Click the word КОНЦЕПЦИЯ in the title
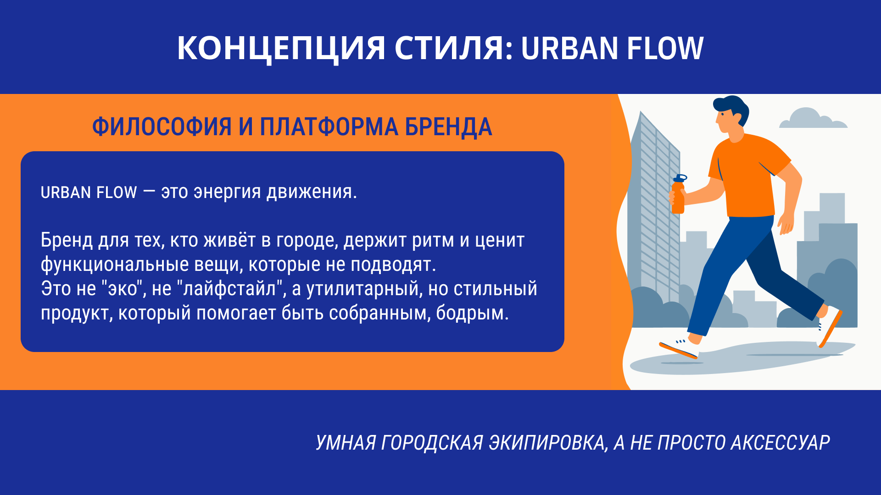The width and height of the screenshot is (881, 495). (281, 49)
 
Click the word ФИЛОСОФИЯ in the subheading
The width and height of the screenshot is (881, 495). (162, 127)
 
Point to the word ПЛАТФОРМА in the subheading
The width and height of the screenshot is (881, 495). (329, 127)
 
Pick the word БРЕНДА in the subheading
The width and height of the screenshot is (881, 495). (448, 127)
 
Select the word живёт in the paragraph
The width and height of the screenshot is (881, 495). (229, 240)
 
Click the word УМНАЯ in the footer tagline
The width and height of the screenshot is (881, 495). (346, 443)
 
